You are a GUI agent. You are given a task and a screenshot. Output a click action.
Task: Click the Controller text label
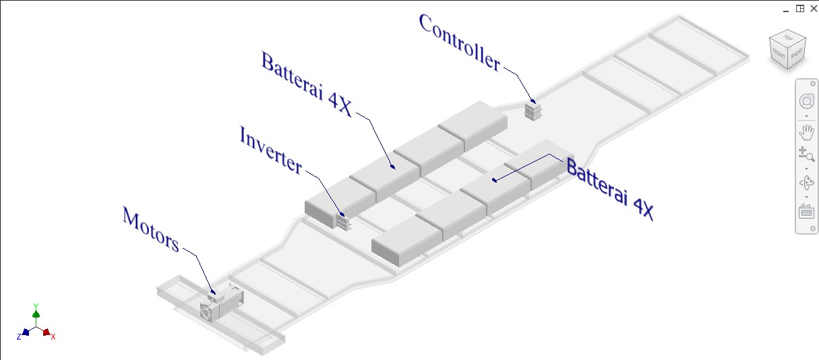pyautogui.click(x=460, y=42)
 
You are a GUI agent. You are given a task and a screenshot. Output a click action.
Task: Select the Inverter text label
pyautogui.click(x=270, y=150)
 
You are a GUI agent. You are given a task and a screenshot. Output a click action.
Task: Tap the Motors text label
pyautogui.click(x=150, y=229)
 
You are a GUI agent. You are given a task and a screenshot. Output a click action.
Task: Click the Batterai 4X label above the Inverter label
pyautogui.click(x=306, y=85)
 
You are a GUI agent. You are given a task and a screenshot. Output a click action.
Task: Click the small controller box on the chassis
pyautogui.click(x=534, y=111)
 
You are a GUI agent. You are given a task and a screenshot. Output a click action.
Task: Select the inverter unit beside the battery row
pyautogui.click(x=342, y=220)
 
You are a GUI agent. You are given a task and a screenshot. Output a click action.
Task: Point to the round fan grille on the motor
pyautogui.click(x=207, y=311)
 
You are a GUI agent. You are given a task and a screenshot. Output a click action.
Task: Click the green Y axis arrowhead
pyautogui.click(x=36, y=313)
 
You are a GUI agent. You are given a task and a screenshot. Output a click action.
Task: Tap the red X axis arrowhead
pyautogui.click(x=47, y=332)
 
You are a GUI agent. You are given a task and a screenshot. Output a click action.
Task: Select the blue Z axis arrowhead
pyautogui.click(x=25, y=332)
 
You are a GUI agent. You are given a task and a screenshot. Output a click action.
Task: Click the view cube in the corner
pyautogui.click(x=789, y=49)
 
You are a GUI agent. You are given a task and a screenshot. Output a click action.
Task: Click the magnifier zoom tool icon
pyautogui.click(x=806, y=154)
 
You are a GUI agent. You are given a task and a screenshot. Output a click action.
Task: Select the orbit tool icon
pyautogui.click(x=806, y=182)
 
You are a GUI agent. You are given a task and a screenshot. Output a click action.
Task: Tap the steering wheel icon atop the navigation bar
pyautogui.click(x=806, y=102)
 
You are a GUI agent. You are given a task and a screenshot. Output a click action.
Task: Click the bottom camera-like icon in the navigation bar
pyautogui.click(x=806, y=211)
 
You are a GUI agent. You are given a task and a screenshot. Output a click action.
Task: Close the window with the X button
pyautogui.click(x=813, y=8)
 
